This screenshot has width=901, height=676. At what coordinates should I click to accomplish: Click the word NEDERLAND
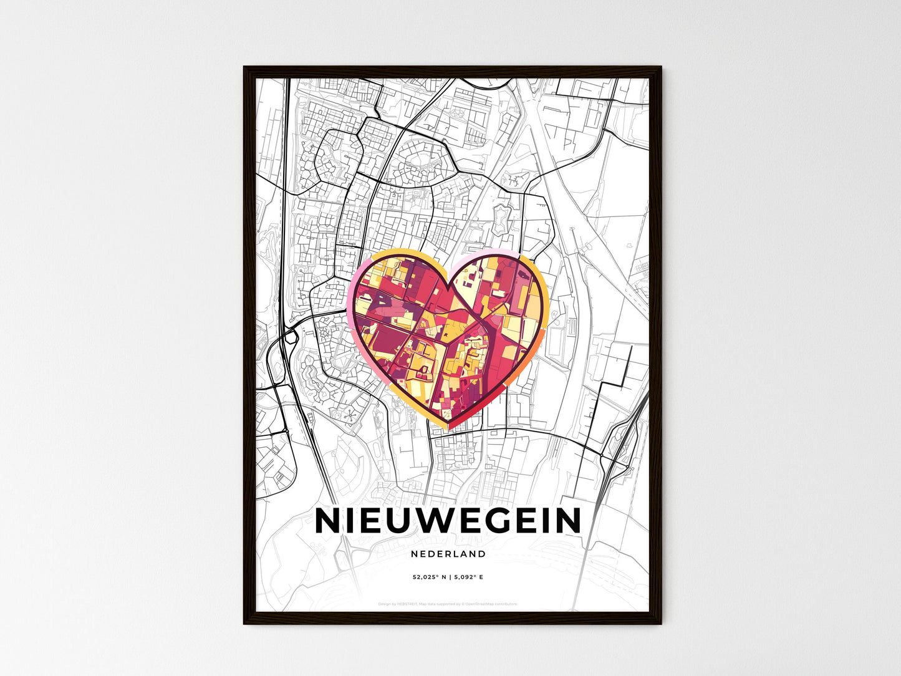click(x=448, y=554)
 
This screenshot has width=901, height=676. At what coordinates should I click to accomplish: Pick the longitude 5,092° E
click(x=468, y=577)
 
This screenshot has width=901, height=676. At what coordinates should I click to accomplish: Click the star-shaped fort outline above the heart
click(x=503, y=219)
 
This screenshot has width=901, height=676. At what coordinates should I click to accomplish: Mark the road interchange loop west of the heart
click(x=289, y=337)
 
